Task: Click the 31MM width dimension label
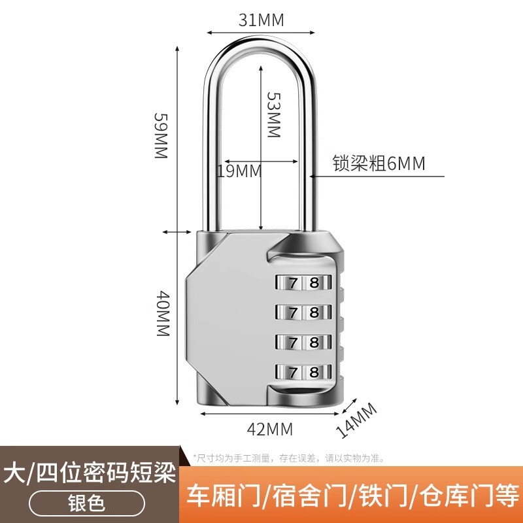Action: [x=261, y=20]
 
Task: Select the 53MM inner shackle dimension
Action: [x=273, y=113]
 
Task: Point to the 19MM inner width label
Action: [x=239, y=171]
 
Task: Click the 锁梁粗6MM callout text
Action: [x=379, y=163]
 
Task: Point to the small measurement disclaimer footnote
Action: [x=288, y=458]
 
